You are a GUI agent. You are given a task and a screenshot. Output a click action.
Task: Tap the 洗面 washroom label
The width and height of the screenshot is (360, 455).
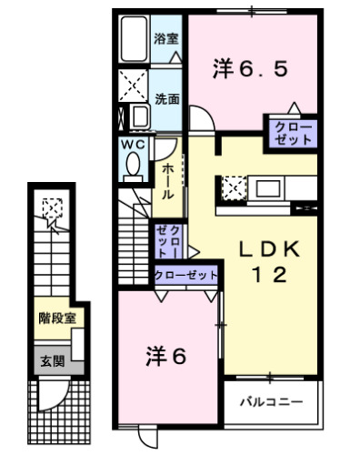[165, 97]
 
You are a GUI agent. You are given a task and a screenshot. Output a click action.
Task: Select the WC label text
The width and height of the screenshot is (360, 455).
[130, 145]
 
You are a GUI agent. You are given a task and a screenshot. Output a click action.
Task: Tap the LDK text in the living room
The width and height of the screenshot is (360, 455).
[269, 249]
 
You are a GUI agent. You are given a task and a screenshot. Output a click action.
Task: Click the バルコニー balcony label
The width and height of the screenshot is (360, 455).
[270, 400]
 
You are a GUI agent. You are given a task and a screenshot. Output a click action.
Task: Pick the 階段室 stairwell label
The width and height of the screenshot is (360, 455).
[55, 318]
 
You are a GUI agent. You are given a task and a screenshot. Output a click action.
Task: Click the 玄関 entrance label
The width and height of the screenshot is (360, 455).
[52, 361]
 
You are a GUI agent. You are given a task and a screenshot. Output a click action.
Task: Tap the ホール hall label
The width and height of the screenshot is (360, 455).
[168, 182]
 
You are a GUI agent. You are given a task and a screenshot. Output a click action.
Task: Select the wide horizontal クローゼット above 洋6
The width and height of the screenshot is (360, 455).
[186, 274]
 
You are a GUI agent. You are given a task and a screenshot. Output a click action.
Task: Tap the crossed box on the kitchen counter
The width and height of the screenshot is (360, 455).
[233, 189]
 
